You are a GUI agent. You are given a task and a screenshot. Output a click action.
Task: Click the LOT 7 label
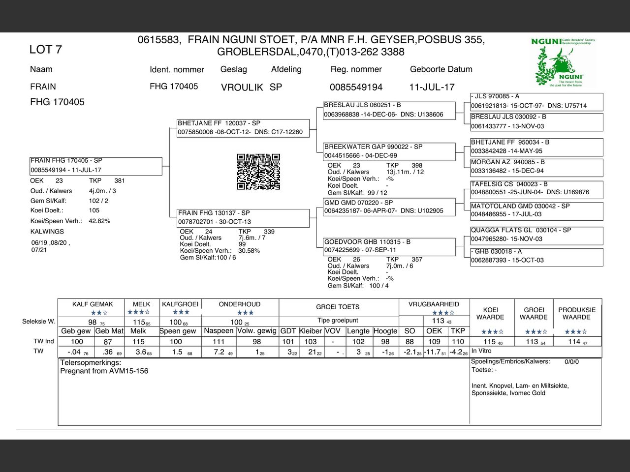click(45, 49)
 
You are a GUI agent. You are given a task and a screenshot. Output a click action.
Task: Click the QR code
click(258, 172)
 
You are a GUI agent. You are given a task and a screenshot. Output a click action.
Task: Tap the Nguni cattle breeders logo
click(564, 63)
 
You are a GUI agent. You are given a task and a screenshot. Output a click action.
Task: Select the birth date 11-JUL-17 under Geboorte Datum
click(432, 87)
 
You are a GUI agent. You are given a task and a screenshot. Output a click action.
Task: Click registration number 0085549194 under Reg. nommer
click(356, 87)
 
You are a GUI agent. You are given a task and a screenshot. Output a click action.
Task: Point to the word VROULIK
click(242, 88)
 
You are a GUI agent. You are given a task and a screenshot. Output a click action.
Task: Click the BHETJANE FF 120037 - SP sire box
click(243, 128)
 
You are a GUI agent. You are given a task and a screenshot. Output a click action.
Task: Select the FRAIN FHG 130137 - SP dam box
click(243, 217)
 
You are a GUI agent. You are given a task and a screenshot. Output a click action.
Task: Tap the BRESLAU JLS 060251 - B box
click(389, 110)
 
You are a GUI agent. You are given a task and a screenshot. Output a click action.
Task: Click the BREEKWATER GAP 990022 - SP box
click(389, 151)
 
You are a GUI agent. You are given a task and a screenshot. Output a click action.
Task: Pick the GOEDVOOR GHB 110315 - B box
click(389, 246)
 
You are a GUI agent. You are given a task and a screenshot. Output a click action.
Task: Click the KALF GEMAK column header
click(93, 304)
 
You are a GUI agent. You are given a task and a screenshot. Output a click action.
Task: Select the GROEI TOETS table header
click(338, 307)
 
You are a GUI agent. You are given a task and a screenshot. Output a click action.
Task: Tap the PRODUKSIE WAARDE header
click(577, 313)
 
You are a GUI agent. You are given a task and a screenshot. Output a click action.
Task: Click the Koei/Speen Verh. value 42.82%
click(99, 221)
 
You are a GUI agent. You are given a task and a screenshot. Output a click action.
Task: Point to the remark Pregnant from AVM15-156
click(104, 371)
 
